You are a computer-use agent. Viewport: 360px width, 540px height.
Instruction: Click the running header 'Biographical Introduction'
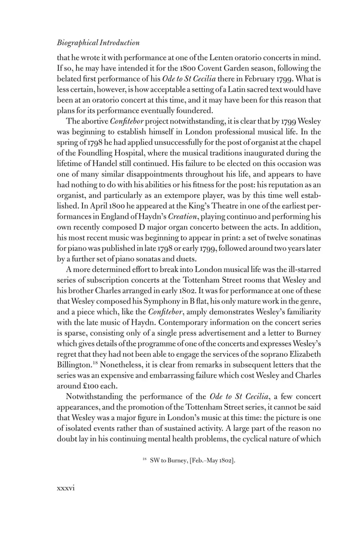[98, 43]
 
